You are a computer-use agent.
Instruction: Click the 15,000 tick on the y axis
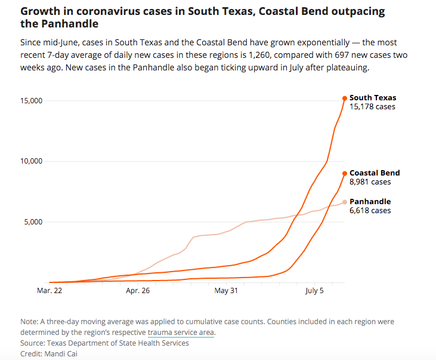click(x=29, y=100)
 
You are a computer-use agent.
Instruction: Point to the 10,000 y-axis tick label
click(x=29, y=161)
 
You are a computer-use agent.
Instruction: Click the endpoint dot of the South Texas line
click(x=345, y=99)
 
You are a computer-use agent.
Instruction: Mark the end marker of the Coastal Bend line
click(x=345, y=173)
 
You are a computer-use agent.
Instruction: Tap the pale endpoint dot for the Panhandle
click(x=345, y=202)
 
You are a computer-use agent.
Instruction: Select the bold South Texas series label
click(x=373, y=98)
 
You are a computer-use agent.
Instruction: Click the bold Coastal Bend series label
click(x=375, y=173)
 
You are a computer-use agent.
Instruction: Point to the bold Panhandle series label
click(x=370, y=202)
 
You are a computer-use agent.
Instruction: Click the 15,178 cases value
click(x=372, y=107)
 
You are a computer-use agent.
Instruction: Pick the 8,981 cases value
click(x=370, y=182)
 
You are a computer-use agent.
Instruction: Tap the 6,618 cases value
click(x=370, y=211)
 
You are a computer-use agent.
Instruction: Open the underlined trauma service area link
click(x=181, y=332)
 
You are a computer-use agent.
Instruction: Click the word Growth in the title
click(x=38, y=11)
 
